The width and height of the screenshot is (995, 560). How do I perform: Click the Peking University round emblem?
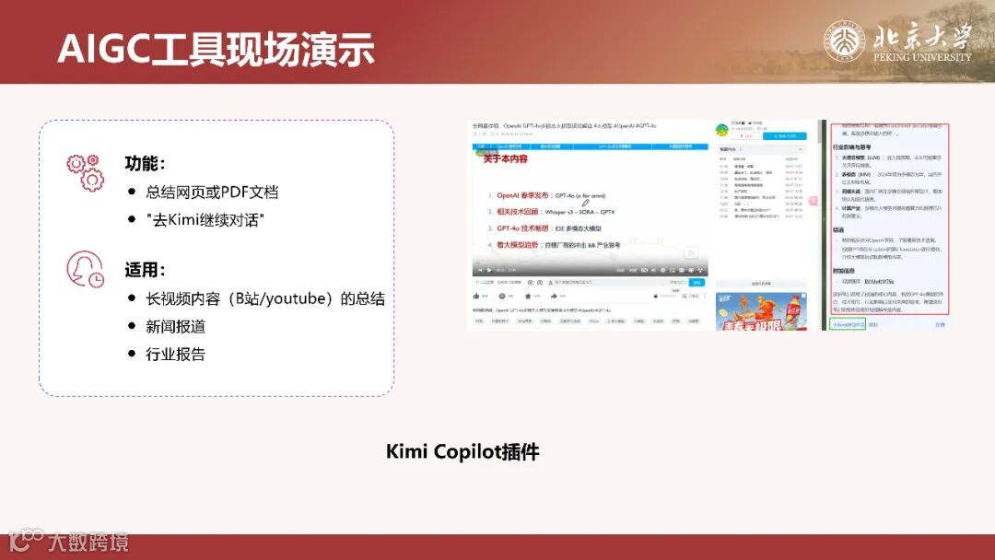coord(844,41)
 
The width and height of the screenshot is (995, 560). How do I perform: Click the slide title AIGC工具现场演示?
coord(216,48)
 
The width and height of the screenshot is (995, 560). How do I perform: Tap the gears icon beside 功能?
coord(84,172)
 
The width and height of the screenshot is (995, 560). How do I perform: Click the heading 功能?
coord(145,164)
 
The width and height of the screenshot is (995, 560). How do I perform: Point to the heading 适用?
coord(145,271)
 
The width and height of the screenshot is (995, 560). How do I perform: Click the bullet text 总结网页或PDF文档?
coord(212,192)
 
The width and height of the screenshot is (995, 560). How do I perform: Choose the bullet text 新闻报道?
coord(175,327)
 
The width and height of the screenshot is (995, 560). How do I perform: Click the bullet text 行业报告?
coord(175,355)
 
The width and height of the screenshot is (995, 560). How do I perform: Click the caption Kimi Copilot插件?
coord(462,452)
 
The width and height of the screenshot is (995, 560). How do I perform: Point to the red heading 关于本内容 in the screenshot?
coord(505,158)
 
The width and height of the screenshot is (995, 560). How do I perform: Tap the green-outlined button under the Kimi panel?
coord(847,324)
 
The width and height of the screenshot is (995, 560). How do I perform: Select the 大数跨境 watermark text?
coord(88,542)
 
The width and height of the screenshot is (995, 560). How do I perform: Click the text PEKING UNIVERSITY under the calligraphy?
coord(922,57)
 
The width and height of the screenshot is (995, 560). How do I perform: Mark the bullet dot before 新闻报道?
coord(132,327)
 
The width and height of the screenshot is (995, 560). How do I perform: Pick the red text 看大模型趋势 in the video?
coord(524,245)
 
